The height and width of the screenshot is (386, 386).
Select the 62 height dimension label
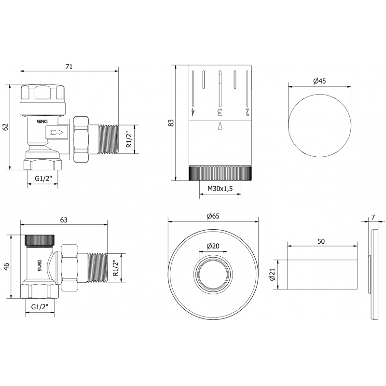[x=5, y=127]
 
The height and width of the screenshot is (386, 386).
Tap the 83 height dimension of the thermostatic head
[x=170, y=123]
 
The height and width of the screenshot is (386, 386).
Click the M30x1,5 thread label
[x=220, y=189]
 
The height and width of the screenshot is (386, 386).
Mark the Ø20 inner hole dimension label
[x=213, y=246]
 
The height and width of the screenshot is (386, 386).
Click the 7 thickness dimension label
[x=373, y=218]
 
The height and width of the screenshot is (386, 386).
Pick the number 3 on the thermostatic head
[x=220, y=112]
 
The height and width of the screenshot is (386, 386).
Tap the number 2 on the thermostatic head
[x=248, y=112]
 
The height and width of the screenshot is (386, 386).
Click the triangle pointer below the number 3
[x=220, y=126]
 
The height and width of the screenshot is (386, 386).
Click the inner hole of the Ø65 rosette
[x=213, y=275]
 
